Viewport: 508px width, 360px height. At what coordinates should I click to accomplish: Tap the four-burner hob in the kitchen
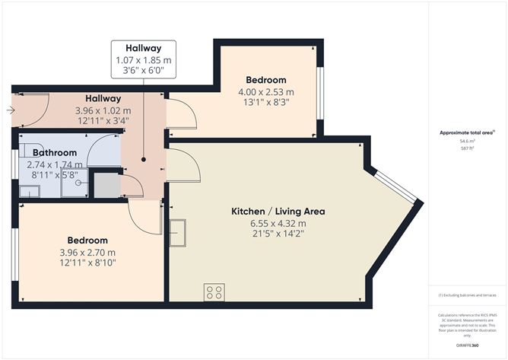[214, 291]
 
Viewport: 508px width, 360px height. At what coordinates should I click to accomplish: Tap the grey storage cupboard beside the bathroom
[106, 186]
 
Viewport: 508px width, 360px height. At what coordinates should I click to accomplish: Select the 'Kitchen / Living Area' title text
[268, 211]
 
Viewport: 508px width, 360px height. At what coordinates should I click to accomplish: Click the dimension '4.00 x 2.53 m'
[265, 93]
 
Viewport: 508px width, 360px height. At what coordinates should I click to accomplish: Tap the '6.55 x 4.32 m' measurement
[268, 223]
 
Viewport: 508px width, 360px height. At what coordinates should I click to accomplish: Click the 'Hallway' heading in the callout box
[144, 48]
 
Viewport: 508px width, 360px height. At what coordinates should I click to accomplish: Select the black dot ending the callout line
[144, 160]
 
